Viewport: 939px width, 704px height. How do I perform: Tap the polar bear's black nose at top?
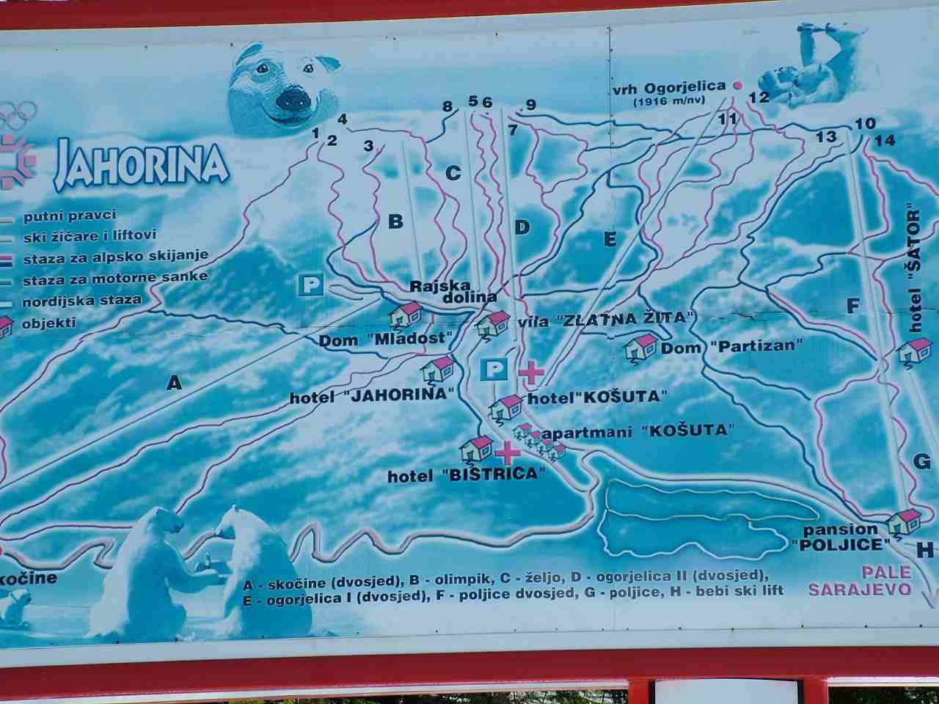point(293,98)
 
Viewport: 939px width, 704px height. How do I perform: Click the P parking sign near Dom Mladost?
point(312,285)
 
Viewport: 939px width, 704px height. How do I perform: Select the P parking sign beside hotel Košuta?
point(494,369)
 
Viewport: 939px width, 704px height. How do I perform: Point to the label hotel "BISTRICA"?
point(467,474)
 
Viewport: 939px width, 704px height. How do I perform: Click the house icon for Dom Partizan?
point(641,347)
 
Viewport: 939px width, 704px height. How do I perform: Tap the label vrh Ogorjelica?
point(669,87)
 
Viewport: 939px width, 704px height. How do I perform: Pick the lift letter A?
point(174,382)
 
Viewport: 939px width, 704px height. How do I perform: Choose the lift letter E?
point(610,239)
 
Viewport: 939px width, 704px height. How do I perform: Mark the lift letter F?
point(852,306)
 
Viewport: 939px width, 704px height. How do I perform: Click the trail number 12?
point(759,97)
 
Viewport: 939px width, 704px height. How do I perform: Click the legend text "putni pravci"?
point(70,216)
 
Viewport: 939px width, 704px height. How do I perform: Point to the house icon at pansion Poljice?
point(904,522)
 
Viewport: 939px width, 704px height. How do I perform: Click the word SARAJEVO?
point(860,589)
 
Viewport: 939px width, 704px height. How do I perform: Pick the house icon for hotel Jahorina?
point(439,368)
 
